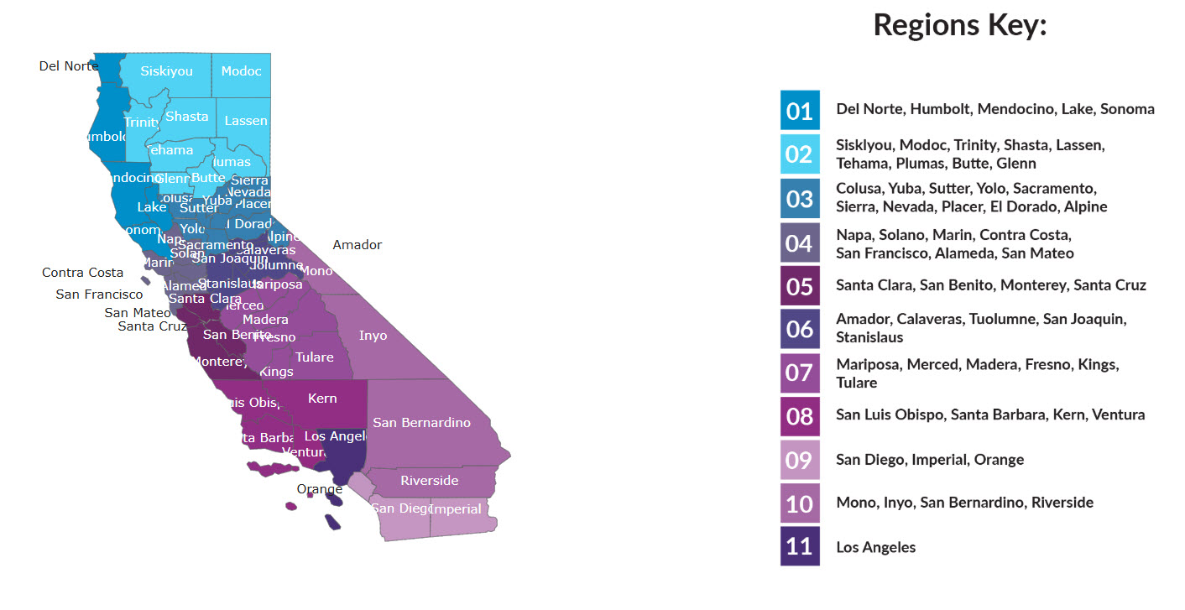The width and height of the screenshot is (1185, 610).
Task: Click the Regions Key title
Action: coord(959,25)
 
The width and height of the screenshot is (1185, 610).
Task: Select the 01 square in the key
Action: coord(799,110)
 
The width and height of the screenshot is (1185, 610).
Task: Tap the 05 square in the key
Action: coord(799,286)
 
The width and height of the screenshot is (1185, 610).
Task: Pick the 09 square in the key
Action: coord(799,460)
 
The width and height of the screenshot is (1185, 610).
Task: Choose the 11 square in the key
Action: coord(799,547)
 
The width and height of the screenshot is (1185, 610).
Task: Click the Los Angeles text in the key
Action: coord(875,547)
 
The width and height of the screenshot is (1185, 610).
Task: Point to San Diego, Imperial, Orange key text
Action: coord(929,460)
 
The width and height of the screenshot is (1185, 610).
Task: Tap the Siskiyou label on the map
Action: coord(166,71)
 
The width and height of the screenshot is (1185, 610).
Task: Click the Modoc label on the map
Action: coord(241,71)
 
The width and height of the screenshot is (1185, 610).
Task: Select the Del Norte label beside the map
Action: coord(68,65)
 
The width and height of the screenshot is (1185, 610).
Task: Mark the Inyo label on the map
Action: coord(373,336)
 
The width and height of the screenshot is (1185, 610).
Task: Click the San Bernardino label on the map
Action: coord(421,422)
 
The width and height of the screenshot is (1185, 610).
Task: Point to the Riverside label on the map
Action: coord(429,481)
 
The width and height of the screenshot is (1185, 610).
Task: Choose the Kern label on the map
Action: coord(322,399)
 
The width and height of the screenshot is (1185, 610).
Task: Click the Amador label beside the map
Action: coord(357,245)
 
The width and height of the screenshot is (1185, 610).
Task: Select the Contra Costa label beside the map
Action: coord(82,273)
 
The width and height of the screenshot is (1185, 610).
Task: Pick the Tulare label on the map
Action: coord(314,357)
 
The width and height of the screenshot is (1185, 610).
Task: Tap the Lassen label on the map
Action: coord(246,121)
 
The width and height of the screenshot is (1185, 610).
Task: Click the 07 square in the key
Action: coord(799,373)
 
